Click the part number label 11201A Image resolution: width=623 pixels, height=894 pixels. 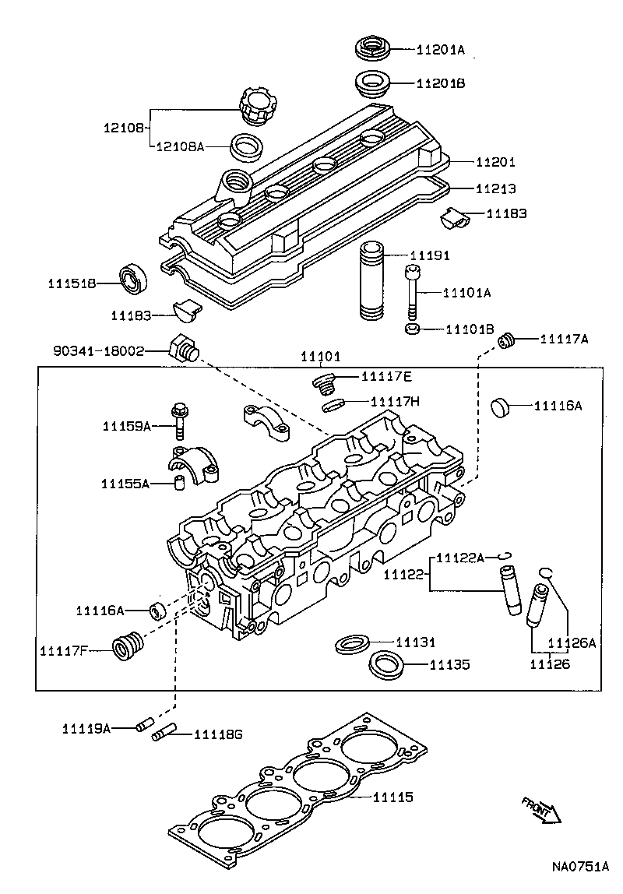point(440,50)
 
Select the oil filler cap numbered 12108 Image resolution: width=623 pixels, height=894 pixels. point(255,106)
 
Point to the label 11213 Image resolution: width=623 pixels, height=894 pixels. point(497,188)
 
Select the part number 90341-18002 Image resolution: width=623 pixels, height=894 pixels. point(99,351)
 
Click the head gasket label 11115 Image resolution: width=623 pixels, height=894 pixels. point(392,797)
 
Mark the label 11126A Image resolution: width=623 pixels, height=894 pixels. point(571,642)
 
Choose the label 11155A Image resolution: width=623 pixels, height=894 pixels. point(125,484)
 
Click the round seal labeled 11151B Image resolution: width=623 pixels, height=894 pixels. point(134,278)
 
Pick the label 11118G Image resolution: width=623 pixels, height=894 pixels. point(218,734)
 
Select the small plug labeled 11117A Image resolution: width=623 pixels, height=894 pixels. point(509,340)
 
